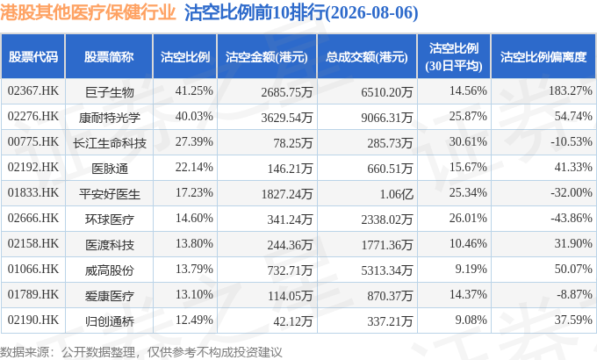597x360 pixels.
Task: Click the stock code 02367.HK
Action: pyautogui.click(x=33, y=90)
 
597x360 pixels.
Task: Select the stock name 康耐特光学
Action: pyautogui.click(x=109, y=118)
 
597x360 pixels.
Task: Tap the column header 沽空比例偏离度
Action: pyautogui.click(x=543, y=57)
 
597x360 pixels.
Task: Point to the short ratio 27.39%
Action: pyautogui.click(x=194, y=141)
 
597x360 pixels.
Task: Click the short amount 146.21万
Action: pyautogui.click(x=290, y=169)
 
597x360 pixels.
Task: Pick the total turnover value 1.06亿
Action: pyautogui.click(x=396, y=194)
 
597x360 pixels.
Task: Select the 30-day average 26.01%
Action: pyautogui.click(x=468, y=218)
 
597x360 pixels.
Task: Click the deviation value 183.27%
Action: pyautogui.click(x=571, y=90)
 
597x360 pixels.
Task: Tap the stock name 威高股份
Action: pyautogui.click(x=109, y=270)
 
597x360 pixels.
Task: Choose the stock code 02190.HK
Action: pyautogui.click(x=33, y=320)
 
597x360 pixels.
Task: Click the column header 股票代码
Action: pyautogui.click(x=33, y=57)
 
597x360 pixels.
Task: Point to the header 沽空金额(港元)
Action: pyautogui.click(x=267, y=57)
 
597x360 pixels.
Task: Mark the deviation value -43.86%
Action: pyautogui.click(x=572, y=218)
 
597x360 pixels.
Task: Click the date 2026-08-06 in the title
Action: pyautogui.click(x=371, y=12)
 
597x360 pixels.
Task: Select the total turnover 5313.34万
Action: pyautogui.click(x=387, y=270)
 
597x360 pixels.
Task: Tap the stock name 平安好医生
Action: pyautogui.click(x=109, y=194)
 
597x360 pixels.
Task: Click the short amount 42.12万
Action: pyautogui.click(x=292, y=321)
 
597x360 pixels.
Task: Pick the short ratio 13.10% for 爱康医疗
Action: pyautogui.click(x=194, y=294)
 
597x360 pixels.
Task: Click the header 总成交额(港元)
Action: pyautogui.click(x=367, y=57)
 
